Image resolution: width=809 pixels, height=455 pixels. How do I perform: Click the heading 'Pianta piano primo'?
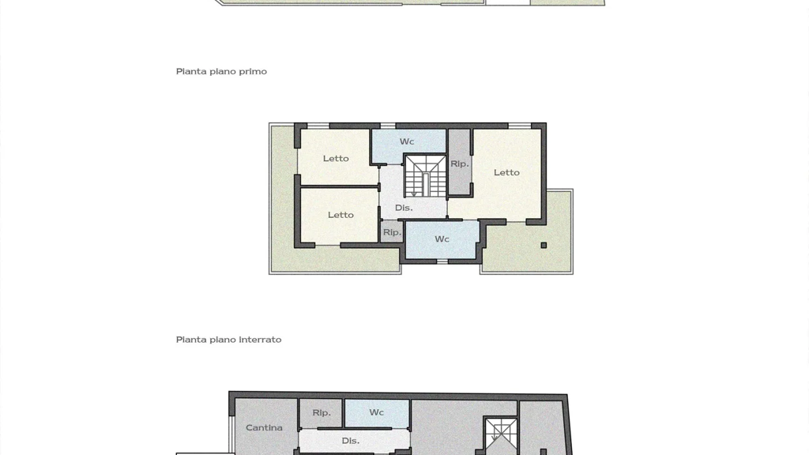tap(221, 72)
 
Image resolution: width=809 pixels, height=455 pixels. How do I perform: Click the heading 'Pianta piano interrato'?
tap(228, 340)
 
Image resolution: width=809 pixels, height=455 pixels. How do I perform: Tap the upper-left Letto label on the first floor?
tap(336, 158)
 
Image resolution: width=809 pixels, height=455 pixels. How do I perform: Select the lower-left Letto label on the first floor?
tap(341, 215)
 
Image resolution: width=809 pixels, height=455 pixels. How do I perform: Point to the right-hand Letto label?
tap(506, 172)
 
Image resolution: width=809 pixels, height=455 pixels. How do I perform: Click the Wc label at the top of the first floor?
tap(407, 141)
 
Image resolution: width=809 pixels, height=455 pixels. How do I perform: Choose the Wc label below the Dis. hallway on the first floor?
tap(442, 239)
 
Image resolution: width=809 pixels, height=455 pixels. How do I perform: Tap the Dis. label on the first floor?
tap(404, 208)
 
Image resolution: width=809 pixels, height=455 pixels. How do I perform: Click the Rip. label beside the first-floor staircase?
tap(459, 164)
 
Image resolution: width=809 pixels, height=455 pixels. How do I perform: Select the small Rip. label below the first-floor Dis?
tap(392, 233)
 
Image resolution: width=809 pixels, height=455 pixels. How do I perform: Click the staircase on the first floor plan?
tap(425, 176)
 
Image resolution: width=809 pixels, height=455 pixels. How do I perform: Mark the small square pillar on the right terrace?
tap(544, 245)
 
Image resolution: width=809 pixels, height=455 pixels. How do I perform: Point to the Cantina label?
tap(264, 427)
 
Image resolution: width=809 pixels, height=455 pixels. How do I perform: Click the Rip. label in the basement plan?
tap(322, 412)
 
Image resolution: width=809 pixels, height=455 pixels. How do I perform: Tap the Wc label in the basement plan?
tap(376, 412)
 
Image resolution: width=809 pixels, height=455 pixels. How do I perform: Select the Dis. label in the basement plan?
tap(350, 441)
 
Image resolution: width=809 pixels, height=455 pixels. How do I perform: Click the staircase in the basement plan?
tap(500, 436)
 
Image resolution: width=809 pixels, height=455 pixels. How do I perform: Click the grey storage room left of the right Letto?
tap(459, 162)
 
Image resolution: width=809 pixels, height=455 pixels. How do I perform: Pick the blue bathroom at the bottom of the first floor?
tap(442, 240)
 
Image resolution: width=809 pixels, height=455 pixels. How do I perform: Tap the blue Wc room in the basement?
tap(377, 413)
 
